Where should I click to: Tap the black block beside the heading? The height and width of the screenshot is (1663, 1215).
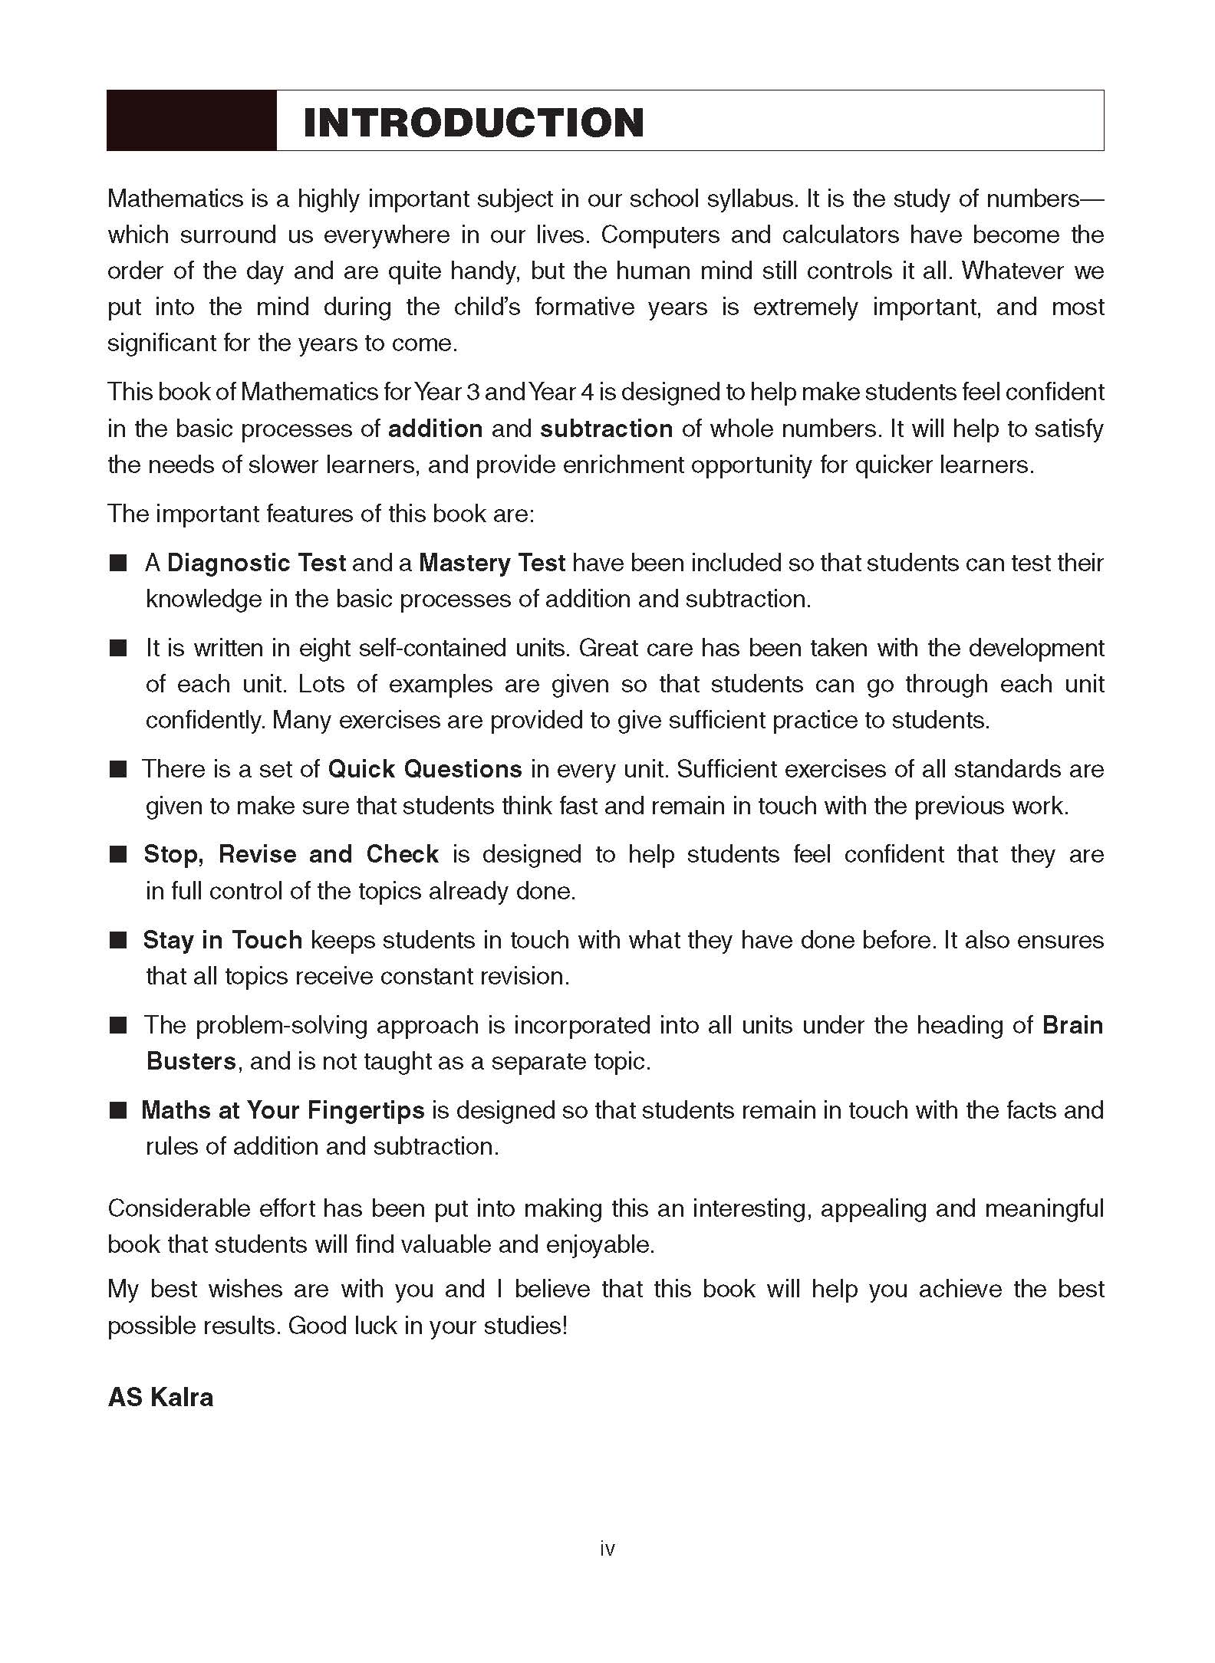[191, 120]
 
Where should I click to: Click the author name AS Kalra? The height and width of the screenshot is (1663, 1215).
[160, 1397]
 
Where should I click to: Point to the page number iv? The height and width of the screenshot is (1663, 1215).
[607, 1549]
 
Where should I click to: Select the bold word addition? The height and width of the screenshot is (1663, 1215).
[435, 429]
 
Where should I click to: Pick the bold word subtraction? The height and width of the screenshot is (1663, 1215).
[606, 429]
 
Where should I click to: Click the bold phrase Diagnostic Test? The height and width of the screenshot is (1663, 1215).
[256, 563]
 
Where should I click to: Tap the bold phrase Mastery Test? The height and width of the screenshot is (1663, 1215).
[492, 563]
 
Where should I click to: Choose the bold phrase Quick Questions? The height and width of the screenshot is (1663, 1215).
[425, 769]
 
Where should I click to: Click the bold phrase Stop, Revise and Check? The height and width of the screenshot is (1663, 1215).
[291, 854]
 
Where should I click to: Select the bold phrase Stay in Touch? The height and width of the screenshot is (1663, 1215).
[222, 940]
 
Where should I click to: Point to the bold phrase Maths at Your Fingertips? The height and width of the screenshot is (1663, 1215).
[282, 1110]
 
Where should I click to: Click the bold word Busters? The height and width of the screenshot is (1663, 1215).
[191, 1061]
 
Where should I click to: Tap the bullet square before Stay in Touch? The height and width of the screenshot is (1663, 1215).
[117, 941]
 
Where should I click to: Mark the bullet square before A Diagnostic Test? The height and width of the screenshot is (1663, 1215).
[117, 564]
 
